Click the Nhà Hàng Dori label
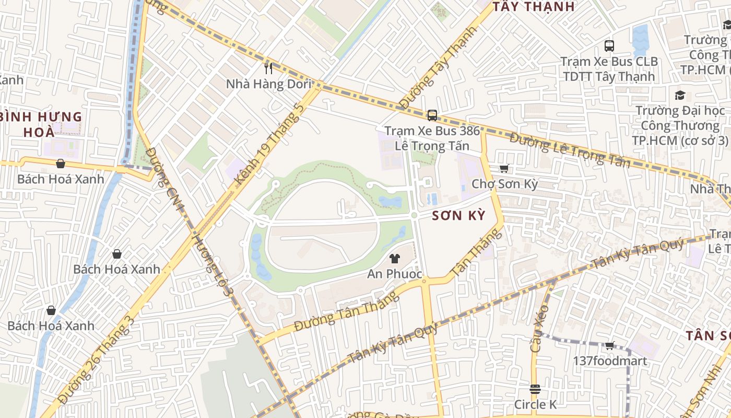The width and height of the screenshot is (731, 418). click(268, 84)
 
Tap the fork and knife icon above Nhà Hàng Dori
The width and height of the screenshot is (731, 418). click(268, 68)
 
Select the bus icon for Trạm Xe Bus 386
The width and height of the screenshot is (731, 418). click(432, 115)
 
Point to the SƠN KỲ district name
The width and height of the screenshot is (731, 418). click(459, 215)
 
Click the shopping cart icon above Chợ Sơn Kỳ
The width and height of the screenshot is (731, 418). click(504, 168)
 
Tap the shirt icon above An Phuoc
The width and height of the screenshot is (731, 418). click(394, 259)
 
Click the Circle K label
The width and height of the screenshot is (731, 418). click(535, 404)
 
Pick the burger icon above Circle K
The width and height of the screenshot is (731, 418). click(535, 389)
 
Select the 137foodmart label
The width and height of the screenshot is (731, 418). click(610, 361)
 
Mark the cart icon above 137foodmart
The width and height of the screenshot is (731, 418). click(610, 345)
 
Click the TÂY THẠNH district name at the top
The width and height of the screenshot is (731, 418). click(534, 7)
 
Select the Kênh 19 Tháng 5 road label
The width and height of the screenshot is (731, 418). click(269, 144)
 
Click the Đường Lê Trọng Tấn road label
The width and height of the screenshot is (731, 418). click(570, 150)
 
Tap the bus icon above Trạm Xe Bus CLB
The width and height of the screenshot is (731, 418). click(609, 45)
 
